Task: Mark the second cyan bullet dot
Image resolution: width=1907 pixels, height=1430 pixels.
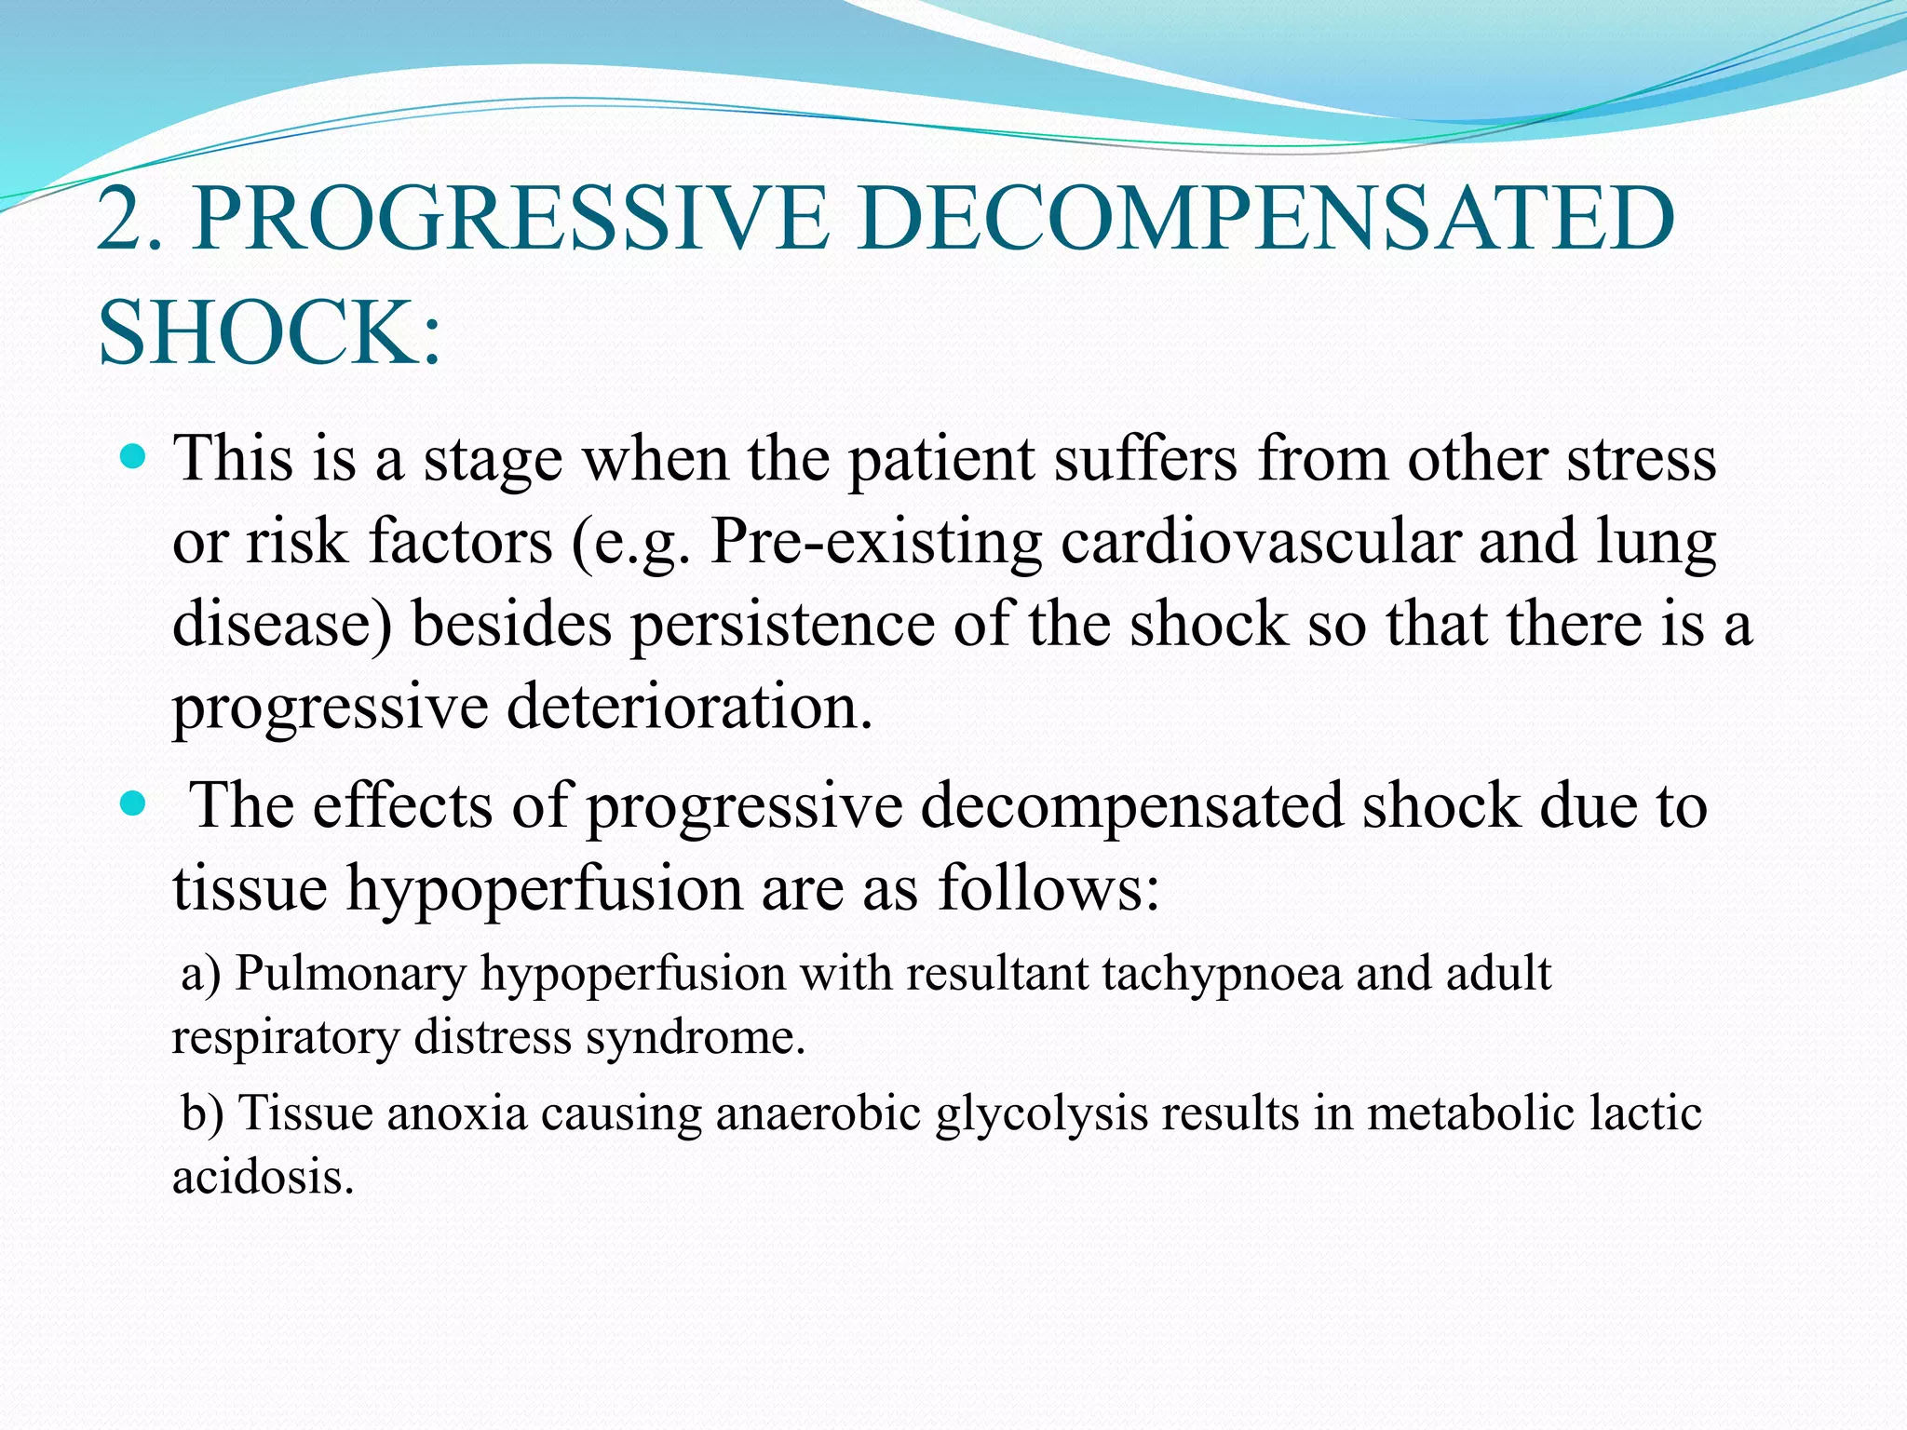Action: [134, 803]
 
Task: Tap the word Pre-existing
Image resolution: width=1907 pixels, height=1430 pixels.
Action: [875, 542]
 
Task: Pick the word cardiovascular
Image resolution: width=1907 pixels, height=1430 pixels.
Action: [1261, 542]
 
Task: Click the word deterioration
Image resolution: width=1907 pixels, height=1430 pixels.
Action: [690, 706]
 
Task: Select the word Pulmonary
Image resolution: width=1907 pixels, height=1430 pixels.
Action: [350, 975]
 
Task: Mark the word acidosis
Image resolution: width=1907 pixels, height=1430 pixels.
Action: [264, 1177]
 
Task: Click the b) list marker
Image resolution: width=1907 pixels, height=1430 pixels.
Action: [202, 1113]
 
